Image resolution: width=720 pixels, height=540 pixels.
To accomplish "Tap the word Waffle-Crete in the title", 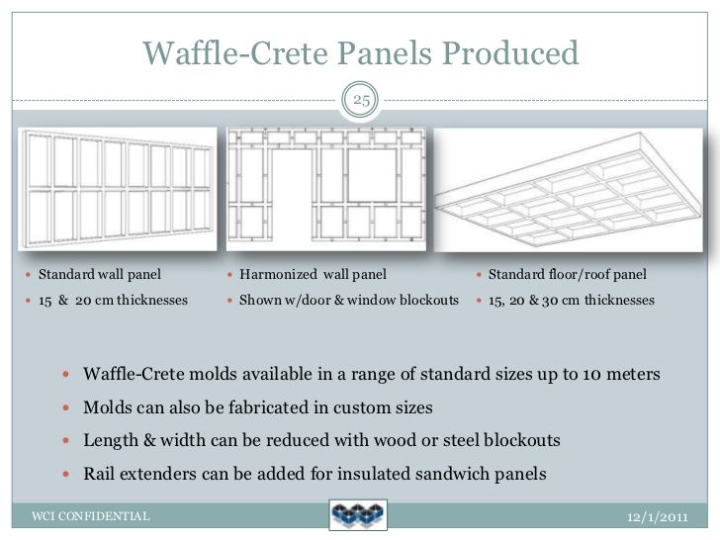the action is point(235,53).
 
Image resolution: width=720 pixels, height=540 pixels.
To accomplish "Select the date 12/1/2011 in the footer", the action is point(658,517).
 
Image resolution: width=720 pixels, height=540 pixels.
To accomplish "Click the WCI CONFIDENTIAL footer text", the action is point(90,516).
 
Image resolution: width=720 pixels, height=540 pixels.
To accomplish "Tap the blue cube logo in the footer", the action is point(358,514).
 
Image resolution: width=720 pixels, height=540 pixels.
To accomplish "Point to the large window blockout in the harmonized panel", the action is point(372,175).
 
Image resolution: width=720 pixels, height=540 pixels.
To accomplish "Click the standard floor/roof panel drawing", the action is point(568,190).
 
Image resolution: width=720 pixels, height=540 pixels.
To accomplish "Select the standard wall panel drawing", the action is point(118,189).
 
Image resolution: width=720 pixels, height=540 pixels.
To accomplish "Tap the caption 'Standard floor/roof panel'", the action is point(567,275).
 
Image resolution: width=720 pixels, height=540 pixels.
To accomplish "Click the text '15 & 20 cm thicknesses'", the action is point(113,301).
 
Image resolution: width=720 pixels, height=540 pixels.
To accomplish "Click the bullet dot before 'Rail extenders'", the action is point(66,474).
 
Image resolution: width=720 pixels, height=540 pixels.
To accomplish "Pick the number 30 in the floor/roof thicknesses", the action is point(550,301).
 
